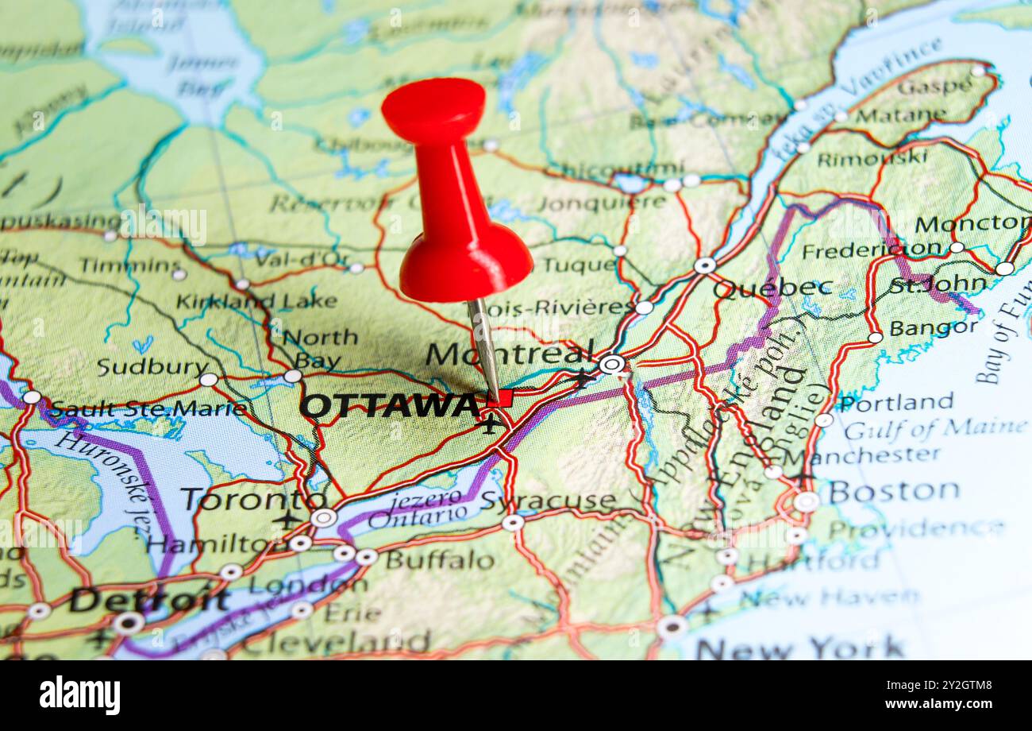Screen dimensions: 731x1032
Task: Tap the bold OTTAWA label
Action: [389, 406]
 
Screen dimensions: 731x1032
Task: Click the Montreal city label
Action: [509, 354]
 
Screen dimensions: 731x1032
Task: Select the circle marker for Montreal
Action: [611, 365]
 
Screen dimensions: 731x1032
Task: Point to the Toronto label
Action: [252, 500]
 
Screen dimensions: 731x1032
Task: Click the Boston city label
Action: [894, 492]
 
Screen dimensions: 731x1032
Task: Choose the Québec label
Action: [772, 288]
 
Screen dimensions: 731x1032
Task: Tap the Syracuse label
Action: [548, 501]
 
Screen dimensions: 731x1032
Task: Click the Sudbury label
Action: [152, 367]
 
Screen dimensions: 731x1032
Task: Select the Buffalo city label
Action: [439, 560]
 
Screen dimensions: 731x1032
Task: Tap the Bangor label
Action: [934, 327]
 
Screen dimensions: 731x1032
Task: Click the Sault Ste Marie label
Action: [148, 409]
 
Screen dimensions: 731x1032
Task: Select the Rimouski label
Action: [871, 158]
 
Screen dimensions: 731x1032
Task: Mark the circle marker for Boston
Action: [806, 501]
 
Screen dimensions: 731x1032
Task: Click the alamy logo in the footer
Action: [80, 695]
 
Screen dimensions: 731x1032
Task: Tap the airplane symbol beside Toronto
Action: [287, 520]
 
